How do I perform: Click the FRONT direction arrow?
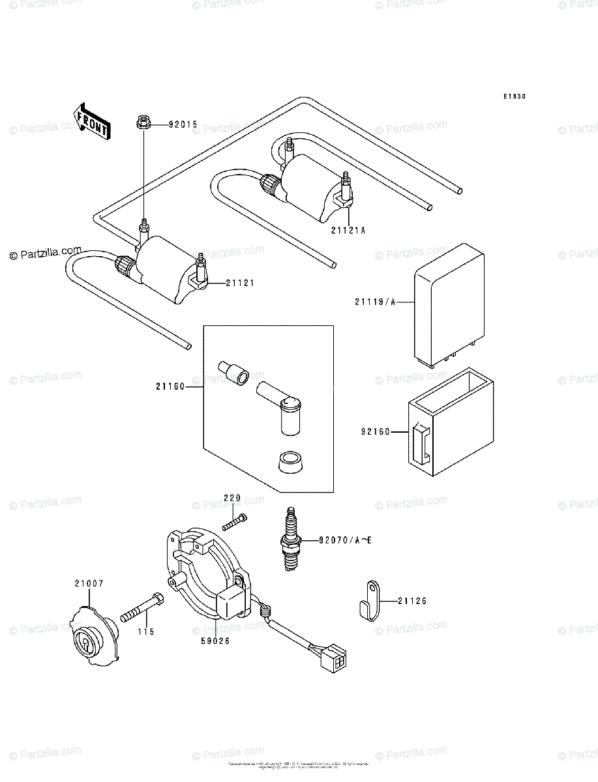(x=91, y=121)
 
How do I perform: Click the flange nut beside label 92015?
(x=143, y=122)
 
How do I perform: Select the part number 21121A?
(x=348, y=229)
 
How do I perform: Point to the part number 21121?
(x=240, y=283)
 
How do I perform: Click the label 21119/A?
(x=375, y=302)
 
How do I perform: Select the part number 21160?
(x=170, y=386)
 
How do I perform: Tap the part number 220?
(x=233, y=498)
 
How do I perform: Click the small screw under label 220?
(x=235, y=522)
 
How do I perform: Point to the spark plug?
(x=290, y=539)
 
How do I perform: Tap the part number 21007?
(x=89, y=584)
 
